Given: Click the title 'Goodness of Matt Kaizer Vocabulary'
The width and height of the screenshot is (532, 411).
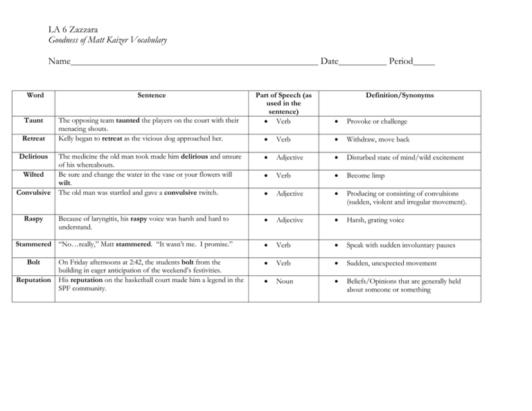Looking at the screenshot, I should tap(107, 40).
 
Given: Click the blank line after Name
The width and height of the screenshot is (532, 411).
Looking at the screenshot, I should tap(194, 63).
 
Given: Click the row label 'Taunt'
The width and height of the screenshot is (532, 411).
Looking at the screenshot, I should tap(35, 120).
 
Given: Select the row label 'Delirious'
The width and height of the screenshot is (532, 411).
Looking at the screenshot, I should tap(32, 157).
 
